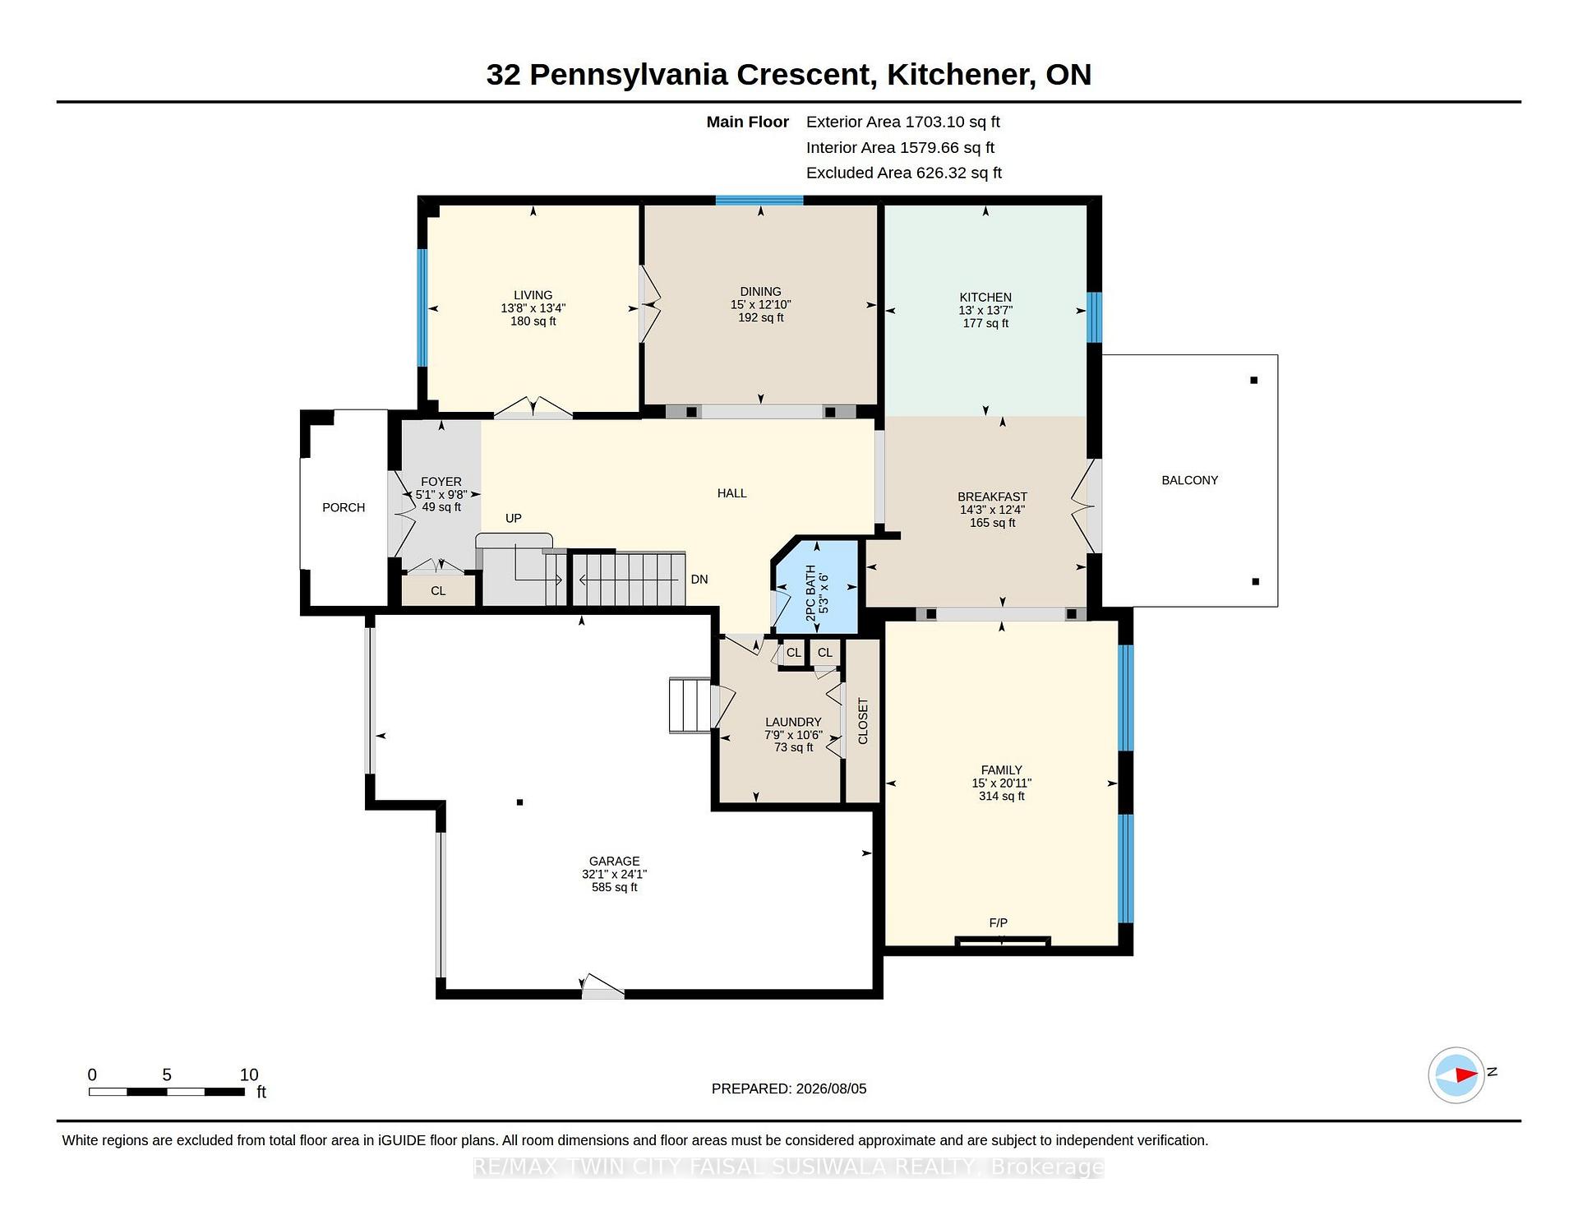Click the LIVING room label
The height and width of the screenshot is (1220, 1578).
(x=533, y=295)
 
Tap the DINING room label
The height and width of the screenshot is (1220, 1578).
(x=760, y=291)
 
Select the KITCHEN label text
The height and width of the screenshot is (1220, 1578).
(x=985, y=298)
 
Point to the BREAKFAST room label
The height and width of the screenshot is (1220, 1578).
(x=992, y=497)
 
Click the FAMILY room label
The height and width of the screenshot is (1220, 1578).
(x=1001, y=770)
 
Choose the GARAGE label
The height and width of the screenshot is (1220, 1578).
(x=614, y=862)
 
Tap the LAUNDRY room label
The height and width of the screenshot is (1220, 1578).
(x=793, y=722)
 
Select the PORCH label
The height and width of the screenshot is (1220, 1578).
(x=344, y=507)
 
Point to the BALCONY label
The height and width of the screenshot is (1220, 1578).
(x=1189, y=480)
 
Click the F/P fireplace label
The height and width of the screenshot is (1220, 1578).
(x=998, y=923)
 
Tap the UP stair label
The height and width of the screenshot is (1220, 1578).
(x=514, y=518)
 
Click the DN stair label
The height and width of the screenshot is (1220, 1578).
(x=699, y=580)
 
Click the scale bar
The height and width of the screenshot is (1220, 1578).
(x=167, y=1092)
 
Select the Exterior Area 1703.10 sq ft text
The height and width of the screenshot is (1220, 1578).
(x=903, y=122)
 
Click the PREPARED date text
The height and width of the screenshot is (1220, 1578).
(x=789, y=1088)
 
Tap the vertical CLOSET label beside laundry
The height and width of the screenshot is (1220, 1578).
(x=863, y=721)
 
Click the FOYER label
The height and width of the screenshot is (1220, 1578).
(x=441, y=482)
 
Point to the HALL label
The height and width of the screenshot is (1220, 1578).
(x=731, y=493)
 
